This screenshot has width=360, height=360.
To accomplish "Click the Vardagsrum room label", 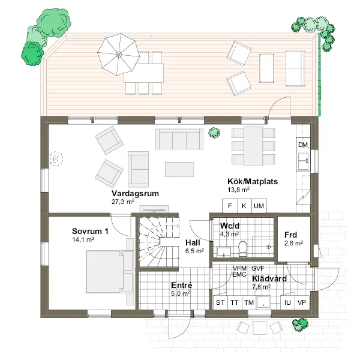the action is [x=135, y=193].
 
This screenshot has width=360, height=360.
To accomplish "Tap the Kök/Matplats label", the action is [x=253, y=181].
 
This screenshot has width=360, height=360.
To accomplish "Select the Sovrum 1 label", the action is [x=90, y=231].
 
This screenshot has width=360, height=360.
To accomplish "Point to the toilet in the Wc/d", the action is [x=242, y=248].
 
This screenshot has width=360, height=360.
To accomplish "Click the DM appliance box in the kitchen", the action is [x=303, y=145].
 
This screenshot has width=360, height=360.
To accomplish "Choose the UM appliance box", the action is [x=259, y=206].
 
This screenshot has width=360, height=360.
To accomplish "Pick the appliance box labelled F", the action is [x=230, y=206].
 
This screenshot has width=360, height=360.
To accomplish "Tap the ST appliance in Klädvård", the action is [x=220, y=302].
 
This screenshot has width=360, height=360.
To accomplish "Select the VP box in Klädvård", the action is [x=302, y=302].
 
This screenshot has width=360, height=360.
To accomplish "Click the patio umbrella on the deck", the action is [x=118, y=55].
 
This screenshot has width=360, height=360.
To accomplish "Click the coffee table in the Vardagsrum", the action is [x=179, y=169].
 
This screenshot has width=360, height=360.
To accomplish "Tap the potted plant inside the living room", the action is [x=214, y=133].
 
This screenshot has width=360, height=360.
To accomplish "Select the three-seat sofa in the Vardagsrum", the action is [x=179, y=139].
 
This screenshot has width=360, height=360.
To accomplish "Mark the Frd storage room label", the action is [x=290, y=235].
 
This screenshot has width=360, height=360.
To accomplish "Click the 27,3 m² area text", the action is [x=123, y=202].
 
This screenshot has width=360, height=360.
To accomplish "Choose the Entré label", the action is [x=182, y=285].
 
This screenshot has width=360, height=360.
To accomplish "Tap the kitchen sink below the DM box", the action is [x=303, y=161].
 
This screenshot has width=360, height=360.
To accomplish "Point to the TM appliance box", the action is [x=249, y=302].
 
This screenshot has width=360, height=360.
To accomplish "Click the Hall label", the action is [x=193, y=242].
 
